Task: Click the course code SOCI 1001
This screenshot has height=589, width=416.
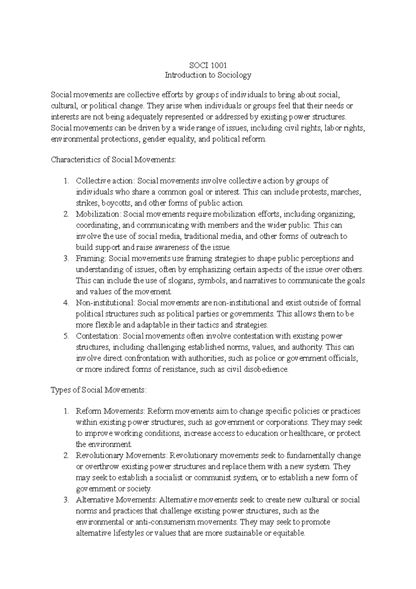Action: coord(208,65)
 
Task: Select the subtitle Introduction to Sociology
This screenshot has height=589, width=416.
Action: coord(208,75)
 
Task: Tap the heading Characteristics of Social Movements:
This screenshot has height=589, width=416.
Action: coord(114,160)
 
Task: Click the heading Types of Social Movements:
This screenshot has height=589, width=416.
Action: coord(99,390)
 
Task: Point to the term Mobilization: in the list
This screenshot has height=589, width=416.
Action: coord(98,214)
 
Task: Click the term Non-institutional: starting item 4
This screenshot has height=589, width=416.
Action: coord(105,303)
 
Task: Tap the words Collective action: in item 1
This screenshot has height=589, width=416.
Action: coord(106,181)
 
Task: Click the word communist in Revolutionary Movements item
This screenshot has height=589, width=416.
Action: coord(210,478)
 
